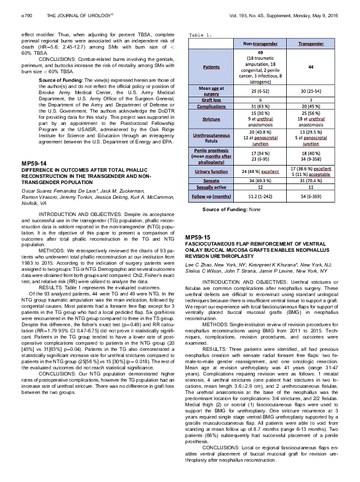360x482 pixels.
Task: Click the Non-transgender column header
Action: pos(258,45)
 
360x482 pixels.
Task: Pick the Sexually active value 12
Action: pos(259,186)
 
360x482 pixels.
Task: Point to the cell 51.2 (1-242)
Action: pos(259,195)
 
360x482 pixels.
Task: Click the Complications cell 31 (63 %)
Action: pos(259,106)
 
